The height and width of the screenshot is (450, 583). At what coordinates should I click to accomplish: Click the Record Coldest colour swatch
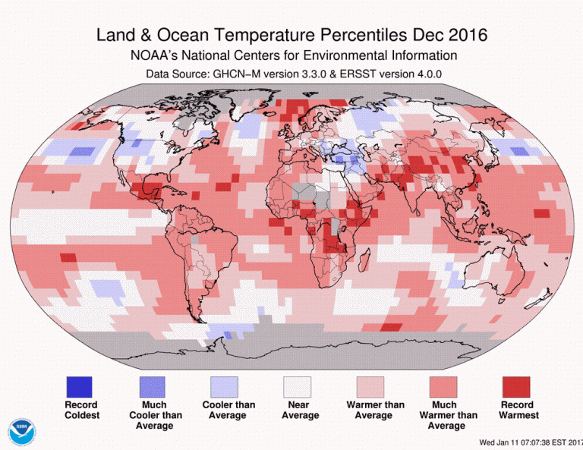(x=80, y=386)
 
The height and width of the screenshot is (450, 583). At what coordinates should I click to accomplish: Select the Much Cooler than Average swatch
(x=152, y=386)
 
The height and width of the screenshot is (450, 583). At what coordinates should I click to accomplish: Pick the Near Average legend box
(x=296, y=386)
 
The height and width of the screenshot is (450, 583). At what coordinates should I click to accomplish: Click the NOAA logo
(x=22, y=432)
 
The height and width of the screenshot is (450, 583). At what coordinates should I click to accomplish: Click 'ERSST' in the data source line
(x=360, y=74)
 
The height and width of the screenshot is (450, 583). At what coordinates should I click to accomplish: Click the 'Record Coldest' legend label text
(x=80, y=410)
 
